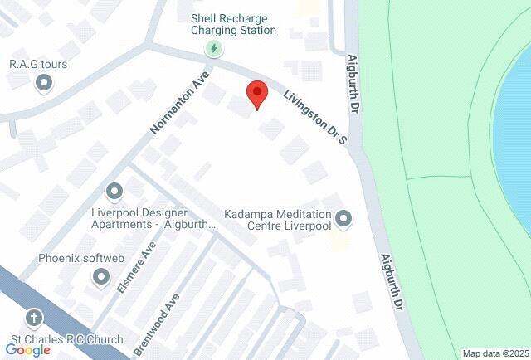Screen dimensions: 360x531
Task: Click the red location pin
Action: (256, 95)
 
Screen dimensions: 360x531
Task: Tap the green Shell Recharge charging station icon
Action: (214, 49)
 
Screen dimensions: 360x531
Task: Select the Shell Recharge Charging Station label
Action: (233, 23)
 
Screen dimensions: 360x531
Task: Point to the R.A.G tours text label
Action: (32, 63)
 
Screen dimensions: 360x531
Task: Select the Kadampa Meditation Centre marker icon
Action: (344, 219)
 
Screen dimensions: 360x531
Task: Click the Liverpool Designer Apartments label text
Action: (153, 218)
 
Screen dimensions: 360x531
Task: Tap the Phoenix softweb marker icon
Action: (101, 276)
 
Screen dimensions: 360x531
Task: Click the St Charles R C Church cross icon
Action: (34, 318)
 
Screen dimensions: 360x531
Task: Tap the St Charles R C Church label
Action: (66, 339)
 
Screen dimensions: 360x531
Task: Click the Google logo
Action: (27, 350)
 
